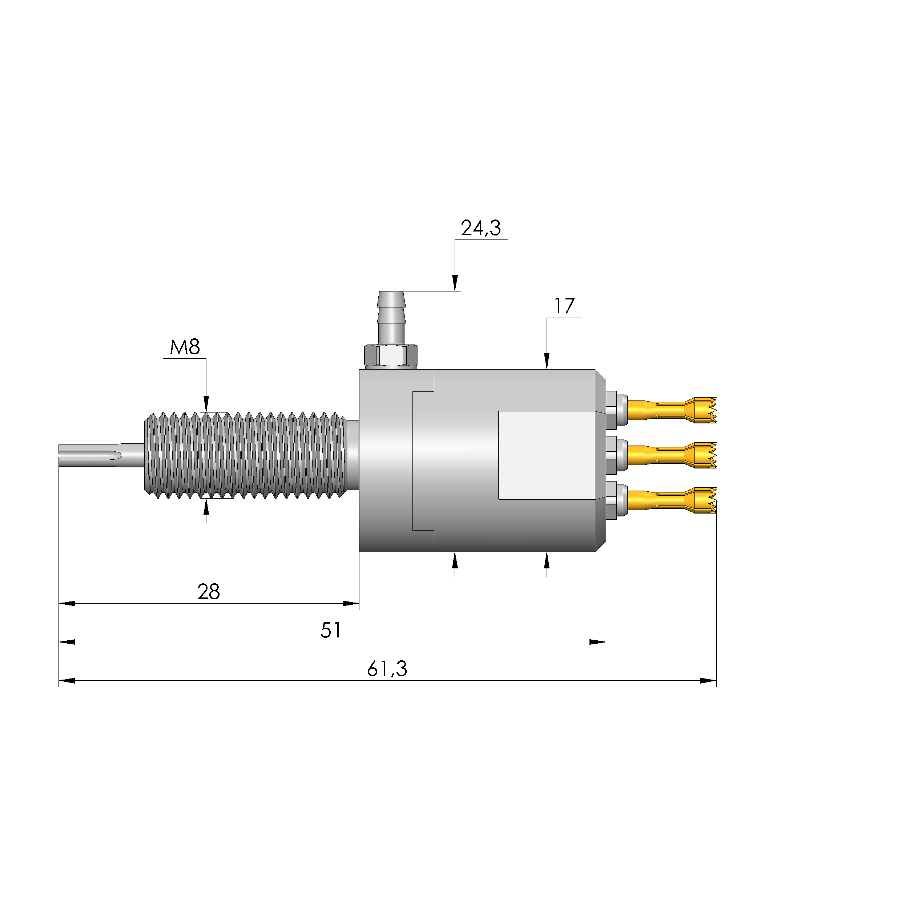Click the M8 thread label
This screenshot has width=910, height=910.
185,347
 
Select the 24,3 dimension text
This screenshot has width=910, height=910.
481,228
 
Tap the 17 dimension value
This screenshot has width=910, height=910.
564,306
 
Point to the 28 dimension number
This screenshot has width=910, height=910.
209,592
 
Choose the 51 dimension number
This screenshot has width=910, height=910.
331,630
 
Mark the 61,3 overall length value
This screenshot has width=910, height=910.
387,669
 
